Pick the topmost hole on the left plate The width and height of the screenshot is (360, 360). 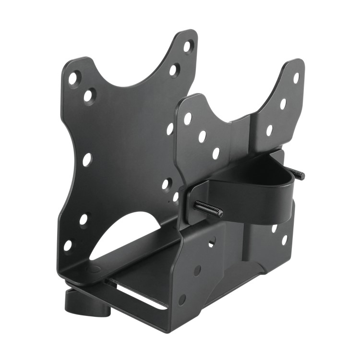(188, 46)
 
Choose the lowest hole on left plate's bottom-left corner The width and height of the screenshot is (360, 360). (68, 245)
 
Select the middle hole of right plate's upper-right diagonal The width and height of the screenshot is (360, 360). (283, 104)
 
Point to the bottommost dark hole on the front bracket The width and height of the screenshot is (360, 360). (182, 300)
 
